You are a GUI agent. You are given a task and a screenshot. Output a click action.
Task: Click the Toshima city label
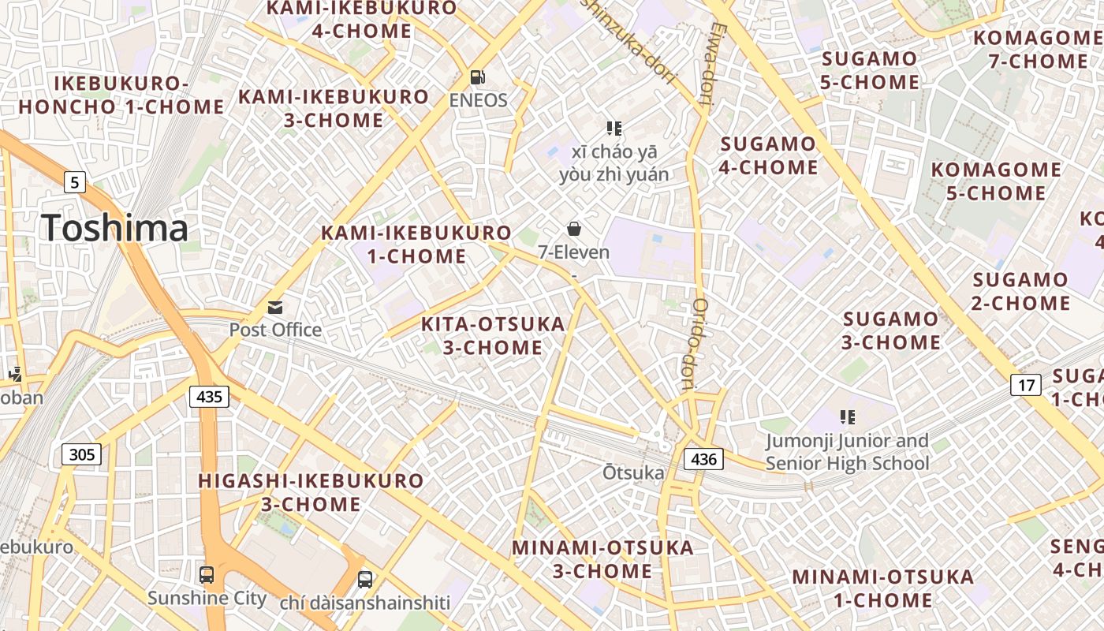(x=115, y=228)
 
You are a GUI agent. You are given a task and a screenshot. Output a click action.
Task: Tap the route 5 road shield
(x=75, y=183)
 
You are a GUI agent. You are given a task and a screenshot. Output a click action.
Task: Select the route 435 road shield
(x=209, y=397)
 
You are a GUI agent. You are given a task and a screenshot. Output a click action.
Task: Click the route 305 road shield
(x=82, y=454)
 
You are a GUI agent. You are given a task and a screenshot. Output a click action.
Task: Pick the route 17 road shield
(x=1025, y=385)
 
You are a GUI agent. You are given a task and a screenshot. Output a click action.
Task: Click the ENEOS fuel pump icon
(x=477, y=77)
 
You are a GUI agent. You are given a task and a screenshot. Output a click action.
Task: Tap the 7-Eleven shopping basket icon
(x=574, y=229)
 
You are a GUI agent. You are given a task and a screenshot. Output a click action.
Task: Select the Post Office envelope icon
(x=275, y=307)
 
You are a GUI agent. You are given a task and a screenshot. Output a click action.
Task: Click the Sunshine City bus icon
(x=207, y=574)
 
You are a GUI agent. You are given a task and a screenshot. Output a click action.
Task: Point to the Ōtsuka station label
(x=633, y=472)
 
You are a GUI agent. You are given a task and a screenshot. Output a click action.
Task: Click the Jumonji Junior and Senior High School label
(x=848, y=452)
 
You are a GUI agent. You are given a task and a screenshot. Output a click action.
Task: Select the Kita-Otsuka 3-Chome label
(x=493, y=335)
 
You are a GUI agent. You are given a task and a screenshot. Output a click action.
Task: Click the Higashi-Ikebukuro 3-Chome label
(x=311, y=492)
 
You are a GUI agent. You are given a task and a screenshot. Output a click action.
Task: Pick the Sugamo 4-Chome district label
(x=768, y=155)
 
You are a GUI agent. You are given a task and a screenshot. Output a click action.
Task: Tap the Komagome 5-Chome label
(x=996, y=181)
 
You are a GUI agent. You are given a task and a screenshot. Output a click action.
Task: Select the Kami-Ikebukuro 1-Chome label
(x=416, y=245)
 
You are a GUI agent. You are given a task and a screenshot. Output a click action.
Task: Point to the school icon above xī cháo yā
(x=614, y=128)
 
